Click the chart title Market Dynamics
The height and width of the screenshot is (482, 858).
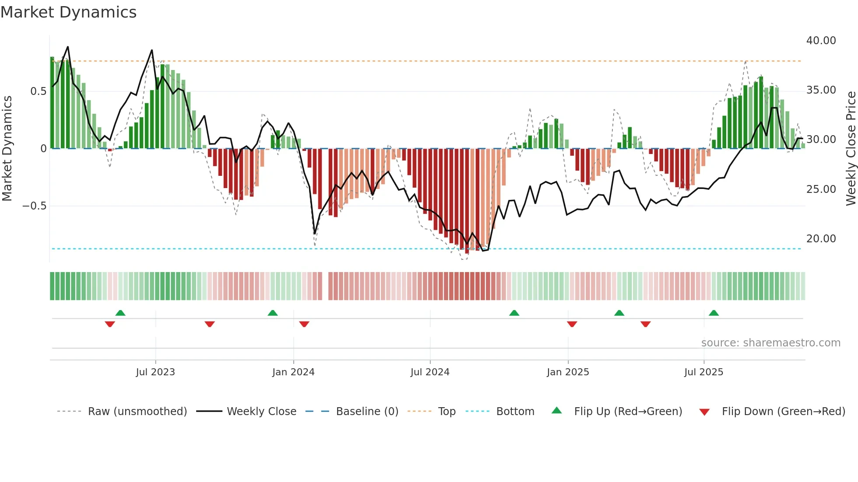68,12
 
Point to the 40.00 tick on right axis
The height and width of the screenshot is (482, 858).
821,41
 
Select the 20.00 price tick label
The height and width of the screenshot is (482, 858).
821,239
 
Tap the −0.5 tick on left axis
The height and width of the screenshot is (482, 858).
35,206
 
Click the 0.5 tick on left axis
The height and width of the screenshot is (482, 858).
38,91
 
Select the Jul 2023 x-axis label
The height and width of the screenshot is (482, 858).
155,372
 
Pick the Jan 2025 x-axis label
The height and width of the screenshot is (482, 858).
568,372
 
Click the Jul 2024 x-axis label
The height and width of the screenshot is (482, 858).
430,372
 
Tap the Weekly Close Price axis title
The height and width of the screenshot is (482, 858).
851,149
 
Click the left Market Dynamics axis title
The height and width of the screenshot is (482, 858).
7,149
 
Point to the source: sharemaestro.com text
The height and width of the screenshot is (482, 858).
770,343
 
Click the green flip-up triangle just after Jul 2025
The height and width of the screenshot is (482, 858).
714,313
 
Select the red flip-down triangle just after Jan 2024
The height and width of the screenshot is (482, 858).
304,324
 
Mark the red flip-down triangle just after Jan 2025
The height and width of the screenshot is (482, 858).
572,324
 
